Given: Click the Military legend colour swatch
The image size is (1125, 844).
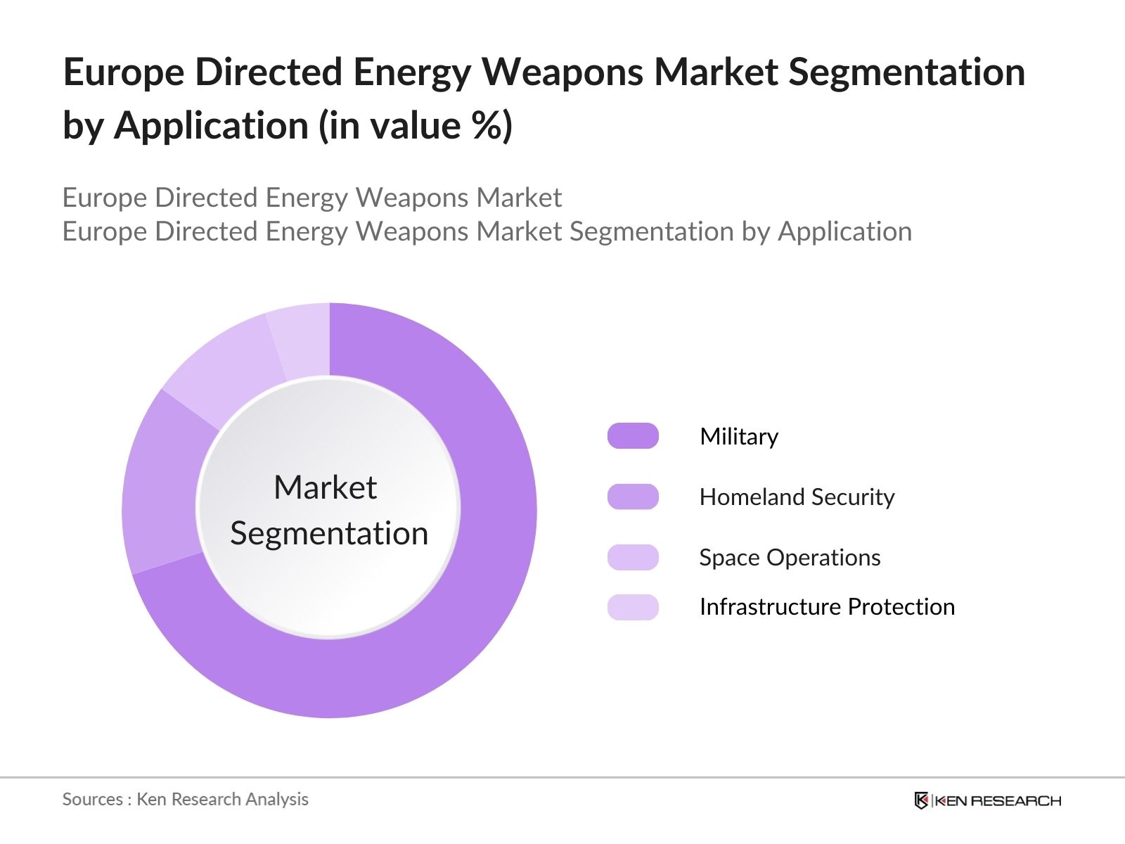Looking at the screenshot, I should click(633, 436).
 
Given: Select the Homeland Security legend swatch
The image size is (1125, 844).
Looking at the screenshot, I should click(633, 497).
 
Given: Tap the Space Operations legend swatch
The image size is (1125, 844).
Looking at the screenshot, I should click(633, 557).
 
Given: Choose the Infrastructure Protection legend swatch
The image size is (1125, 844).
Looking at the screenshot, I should click(633, 607).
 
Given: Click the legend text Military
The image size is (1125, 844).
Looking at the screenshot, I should click(739, 437).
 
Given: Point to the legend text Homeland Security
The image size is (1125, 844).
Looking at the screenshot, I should click(797, 497).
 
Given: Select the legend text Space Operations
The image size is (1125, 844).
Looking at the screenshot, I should click(790, 558).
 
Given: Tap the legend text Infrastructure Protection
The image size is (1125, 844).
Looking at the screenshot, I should click(827, 607).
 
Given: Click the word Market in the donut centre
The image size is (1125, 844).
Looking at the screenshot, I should click(325, 487).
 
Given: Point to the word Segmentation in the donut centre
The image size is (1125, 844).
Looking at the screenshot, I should click(329, 533).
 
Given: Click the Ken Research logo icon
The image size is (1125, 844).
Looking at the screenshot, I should click(921, 800).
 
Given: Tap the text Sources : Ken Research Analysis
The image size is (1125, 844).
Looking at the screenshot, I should click(186, 799).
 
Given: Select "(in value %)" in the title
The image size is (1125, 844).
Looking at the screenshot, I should click(416, 126).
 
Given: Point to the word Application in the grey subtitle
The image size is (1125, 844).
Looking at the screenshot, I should click(844, 231).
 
